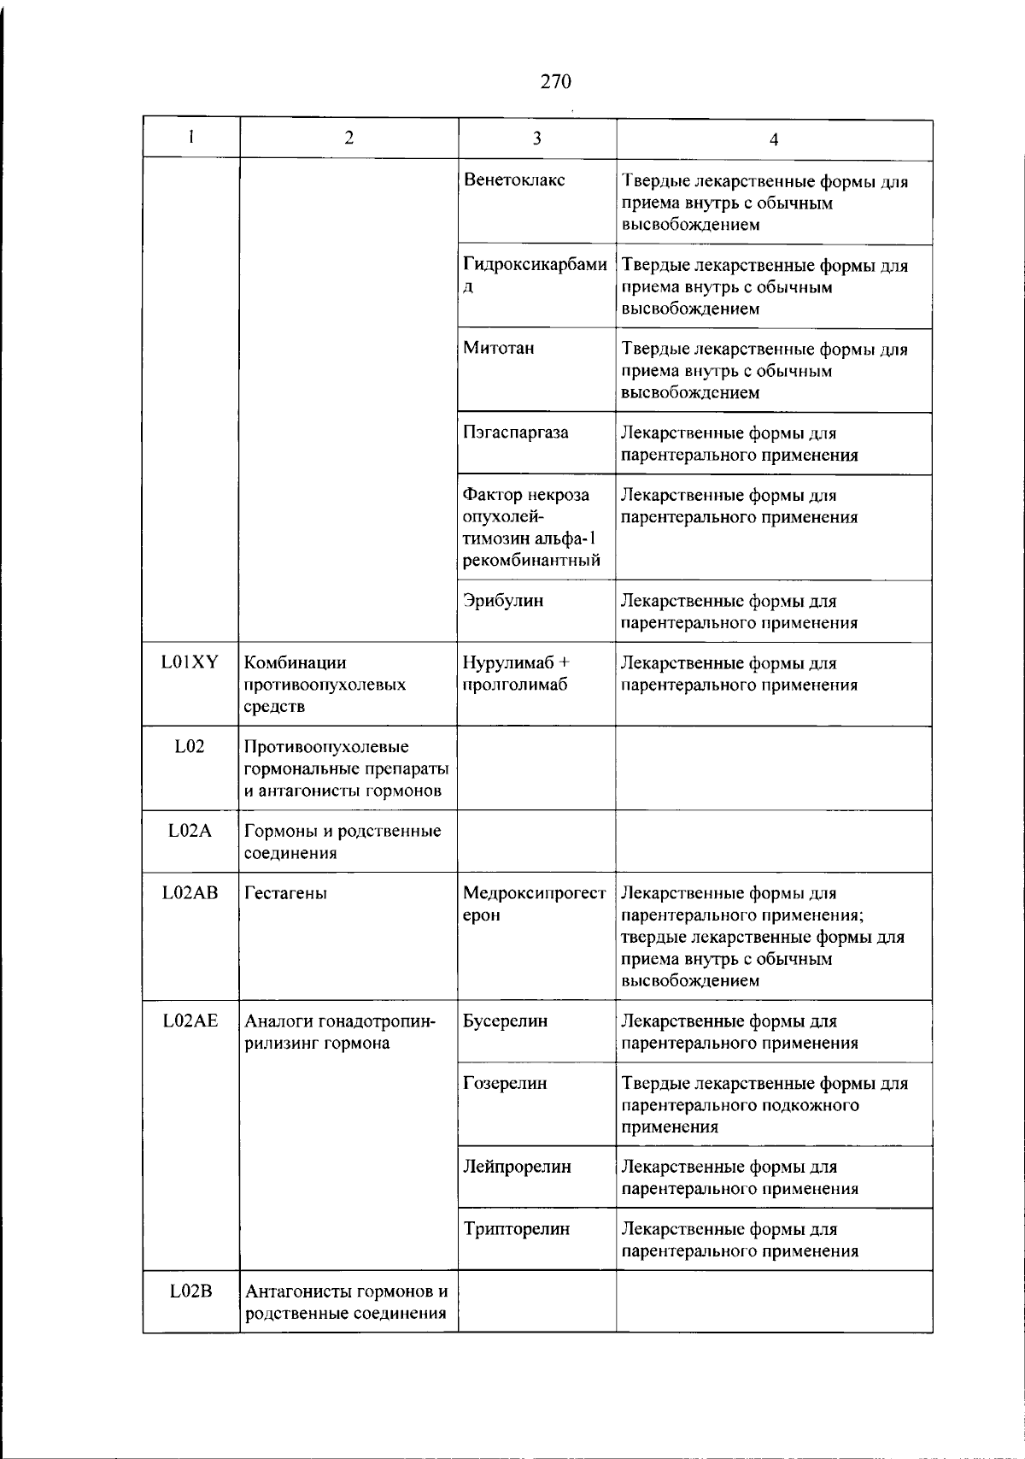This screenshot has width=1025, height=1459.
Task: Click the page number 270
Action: coord(555,82)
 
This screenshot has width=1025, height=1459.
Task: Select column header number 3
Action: coord(536,138)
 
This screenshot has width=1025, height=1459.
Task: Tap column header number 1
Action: coord(191,138)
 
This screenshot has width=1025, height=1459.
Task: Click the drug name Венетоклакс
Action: coord(513,180)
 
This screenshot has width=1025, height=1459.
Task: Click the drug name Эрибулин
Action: coord(502,601)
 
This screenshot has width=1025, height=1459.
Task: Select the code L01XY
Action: coord(190,662)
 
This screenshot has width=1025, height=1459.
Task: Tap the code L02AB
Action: coord(190,893)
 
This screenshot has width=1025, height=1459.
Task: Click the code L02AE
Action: coord(190,1021)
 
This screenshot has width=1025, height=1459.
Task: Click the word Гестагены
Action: coord(285,893)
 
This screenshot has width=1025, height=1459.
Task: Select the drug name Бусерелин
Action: coord(505,1021)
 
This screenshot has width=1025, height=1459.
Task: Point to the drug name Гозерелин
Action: coord(504,1084)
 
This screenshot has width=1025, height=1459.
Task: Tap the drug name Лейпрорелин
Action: coord(516,1168)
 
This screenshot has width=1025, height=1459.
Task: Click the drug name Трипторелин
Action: coord(515,1230)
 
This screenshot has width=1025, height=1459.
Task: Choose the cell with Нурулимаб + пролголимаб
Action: coord(516,674)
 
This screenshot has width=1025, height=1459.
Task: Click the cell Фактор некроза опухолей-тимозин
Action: coord(530,527)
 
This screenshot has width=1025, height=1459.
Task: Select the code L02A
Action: coord(190,831)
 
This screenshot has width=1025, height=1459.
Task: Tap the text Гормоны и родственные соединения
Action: coord(342,842)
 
